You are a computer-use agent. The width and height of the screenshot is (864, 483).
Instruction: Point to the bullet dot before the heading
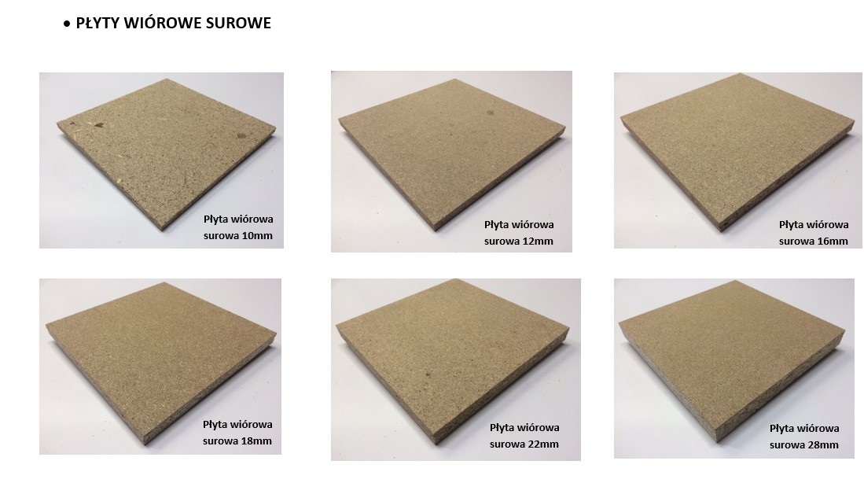pos(67,24)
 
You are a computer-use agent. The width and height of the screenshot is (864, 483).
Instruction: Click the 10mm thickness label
pos(238,227)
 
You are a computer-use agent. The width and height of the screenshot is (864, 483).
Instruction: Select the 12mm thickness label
pos(519,233)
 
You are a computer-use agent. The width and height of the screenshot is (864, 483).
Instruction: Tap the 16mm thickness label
pos(814,233)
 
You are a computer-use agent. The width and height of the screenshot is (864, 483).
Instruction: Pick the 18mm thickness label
pos(237,433)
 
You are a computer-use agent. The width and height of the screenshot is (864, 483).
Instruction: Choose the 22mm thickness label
pos(524,436)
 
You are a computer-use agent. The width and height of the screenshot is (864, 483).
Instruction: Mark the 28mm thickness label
pos(804,436)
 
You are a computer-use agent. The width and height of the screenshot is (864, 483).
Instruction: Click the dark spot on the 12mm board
pos(489,113)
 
